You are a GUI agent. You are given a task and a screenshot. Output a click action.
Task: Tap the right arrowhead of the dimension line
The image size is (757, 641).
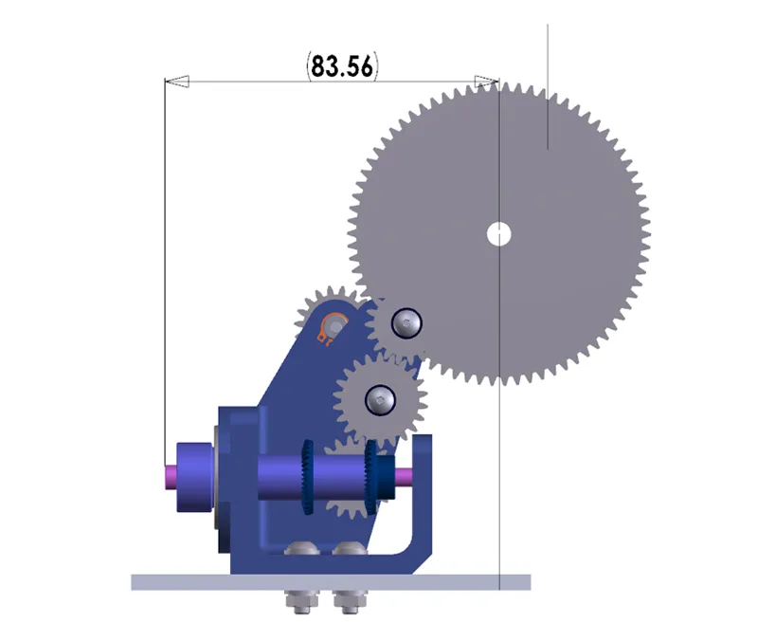click(487, 82)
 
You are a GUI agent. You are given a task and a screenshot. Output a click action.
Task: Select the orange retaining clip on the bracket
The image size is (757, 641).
click(332, 328)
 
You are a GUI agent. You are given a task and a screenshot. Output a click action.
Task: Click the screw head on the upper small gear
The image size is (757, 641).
click(406, 324)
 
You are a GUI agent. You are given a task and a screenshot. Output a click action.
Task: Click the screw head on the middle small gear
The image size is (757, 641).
click(381, 399)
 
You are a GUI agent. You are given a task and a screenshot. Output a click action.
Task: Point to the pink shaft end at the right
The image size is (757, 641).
click(405, 475)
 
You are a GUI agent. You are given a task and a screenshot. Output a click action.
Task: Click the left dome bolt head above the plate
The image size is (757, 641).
click(303, 549)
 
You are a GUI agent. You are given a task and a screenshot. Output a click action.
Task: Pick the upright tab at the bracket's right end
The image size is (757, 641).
click(423, 493)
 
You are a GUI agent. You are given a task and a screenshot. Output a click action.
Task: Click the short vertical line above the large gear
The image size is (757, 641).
click(548, 85)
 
